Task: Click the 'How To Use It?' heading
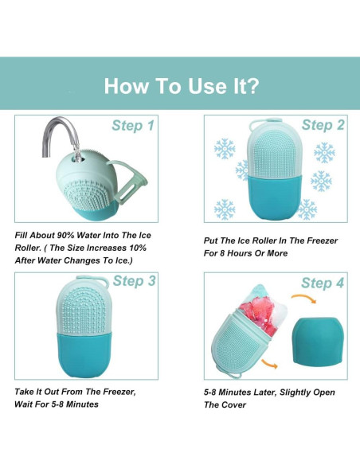182,86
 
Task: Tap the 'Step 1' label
133,126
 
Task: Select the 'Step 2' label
323,125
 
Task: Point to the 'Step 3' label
134,281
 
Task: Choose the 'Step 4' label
323,283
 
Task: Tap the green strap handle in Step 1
131,181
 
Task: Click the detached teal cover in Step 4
319,340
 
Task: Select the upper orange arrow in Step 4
303,299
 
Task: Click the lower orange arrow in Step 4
269,364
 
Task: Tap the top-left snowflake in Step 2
225,148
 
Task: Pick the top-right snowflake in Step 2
324,152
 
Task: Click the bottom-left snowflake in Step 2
225,209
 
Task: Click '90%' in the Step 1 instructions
65,236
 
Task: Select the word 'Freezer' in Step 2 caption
322,240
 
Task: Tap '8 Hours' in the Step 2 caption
237,253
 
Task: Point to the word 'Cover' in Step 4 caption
234,404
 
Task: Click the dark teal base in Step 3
84,354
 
